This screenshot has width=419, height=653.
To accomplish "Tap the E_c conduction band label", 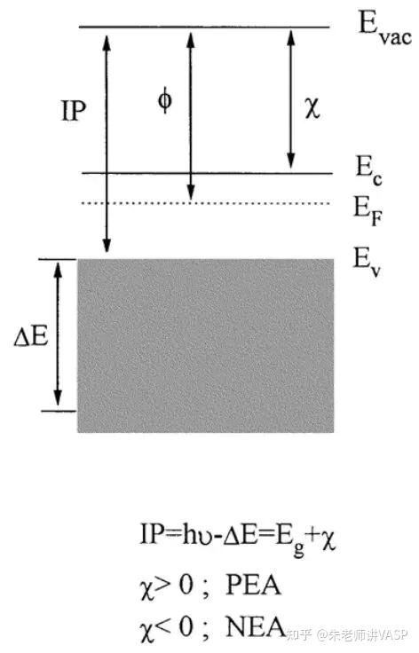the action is click(x=368, y=170).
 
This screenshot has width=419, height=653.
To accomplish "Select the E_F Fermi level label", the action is click(x=368, y=211).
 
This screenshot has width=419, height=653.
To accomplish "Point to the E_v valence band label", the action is click(x=367, y=263).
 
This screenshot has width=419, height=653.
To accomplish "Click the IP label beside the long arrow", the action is click(x=74, y=111).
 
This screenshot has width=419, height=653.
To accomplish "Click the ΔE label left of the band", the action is click(x=31, y=336).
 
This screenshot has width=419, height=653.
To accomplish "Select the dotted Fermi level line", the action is click(x=206, y=204).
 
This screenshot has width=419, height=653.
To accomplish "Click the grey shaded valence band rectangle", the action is click(x=206, y=346).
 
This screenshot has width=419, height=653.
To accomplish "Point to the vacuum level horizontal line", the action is click(x=204, y=28).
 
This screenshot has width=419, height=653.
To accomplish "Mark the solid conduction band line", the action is click(x=208, y=173).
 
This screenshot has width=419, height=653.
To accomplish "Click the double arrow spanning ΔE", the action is click(x=58, y=334).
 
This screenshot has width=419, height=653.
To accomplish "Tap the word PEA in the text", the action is click(x=253, y=585).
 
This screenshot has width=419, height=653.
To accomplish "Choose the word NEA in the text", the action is click(x=256, y=626).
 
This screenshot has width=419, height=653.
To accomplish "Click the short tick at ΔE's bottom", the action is click(x=59, y=411).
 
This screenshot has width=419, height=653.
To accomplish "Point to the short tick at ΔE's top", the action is click(x=58, y=259).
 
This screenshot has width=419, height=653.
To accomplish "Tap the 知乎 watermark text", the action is click(x=299, y=635).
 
